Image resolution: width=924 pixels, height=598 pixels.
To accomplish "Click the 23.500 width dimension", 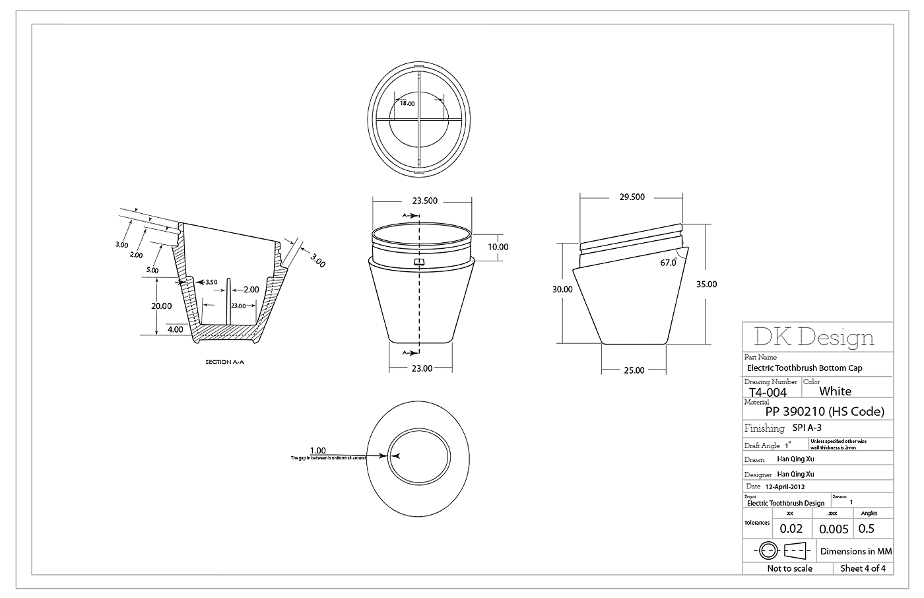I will pos(425,201).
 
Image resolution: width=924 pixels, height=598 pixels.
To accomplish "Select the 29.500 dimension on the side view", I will pos(632,197).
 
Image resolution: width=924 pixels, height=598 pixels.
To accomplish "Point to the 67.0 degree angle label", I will pos(668,263).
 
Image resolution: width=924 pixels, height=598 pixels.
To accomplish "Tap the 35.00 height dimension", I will pos(706,284).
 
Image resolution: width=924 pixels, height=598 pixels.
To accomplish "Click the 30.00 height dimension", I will pos(562,289).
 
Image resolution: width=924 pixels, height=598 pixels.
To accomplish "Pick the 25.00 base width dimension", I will pos(634,370).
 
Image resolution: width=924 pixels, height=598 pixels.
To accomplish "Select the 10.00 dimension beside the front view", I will pos(498,247).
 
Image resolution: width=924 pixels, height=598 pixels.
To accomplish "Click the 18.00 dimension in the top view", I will pos(407,104).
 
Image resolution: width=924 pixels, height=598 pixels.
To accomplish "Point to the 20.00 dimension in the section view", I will pos(161,306).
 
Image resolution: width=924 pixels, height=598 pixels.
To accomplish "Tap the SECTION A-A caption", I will pos(227,362).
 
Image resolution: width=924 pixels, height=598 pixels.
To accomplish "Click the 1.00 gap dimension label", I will pos(317,451).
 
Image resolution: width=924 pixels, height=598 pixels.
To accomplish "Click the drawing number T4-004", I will pos(768,392).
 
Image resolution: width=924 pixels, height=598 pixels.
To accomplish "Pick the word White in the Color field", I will pos(835,391).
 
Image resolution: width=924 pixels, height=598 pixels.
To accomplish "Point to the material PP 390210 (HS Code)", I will pos(824,412).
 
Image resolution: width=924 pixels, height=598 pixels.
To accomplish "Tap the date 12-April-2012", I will pos(785,486).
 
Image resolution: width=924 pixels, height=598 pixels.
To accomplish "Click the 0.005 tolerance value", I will pos(834,529).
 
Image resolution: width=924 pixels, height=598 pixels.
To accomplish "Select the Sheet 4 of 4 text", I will pos(863,568).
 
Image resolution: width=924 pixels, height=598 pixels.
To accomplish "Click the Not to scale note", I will pos(789,568).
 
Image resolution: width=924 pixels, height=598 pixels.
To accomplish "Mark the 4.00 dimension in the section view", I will pos(176,329).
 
